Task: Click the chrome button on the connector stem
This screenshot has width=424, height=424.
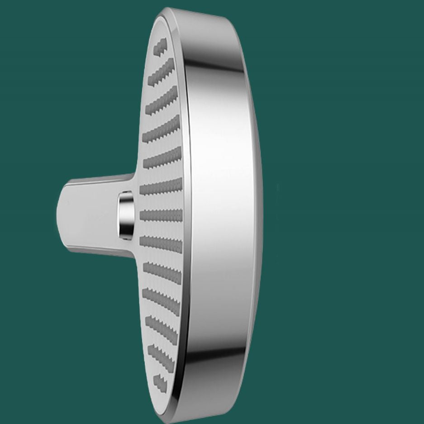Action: [x=125, y=215]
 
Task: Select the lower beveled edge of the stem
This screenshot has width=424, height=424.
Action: [x=95, y=250]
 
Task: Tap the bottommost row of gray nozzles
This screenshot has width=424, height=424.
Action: [x=160, y=381]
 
